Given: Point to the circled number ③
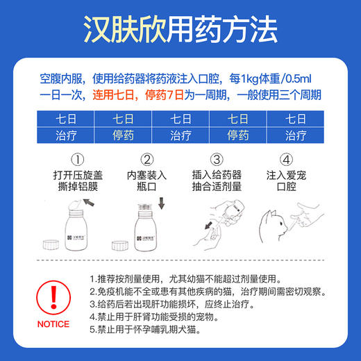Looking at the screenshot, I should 218,160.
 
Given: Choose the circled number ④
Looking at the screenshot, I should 288,160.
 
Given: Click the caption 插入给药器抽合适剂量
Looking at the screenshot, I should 218,181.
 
